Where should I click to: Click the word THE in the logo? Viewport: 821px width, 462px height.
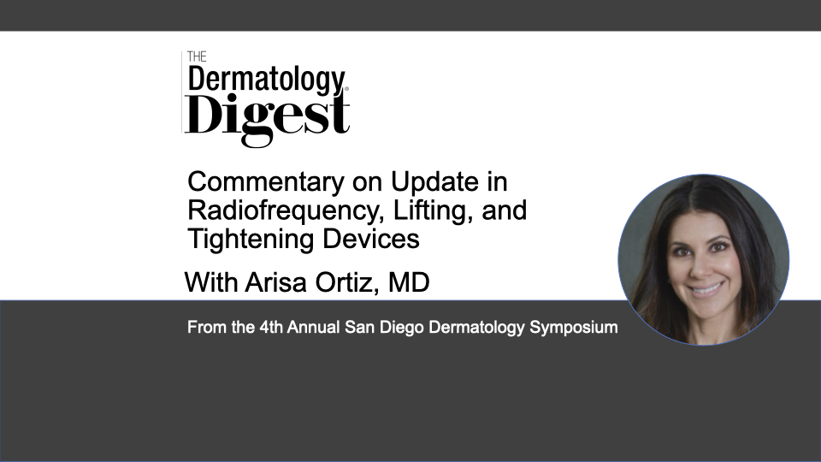[197, 56]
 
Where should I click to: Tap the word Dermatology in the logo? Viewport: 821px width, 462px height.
[266, 80]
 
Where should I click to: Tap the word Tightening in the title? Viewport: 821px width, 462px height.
[251, 239]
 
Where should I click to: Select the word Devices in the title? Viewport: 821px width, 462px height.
[370, 239]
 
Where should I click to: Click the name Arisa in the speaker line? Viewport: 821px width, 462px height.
[275, 282]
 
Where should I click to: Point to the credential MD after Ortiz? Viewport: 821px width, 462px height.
[409, 282]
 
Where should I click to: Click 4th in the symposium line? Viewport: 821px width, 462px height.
[271, 327]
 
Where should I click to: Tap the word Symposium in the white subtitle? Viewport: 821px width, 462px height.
[573, 328]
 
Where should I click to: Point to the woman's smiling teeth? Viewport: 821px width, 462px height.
[707, 288]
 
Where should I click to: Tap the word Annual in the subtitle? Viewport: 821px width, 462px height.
[313, 327]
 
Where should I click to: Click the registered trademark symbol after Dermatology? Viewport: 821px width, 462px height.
[346, 89]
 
